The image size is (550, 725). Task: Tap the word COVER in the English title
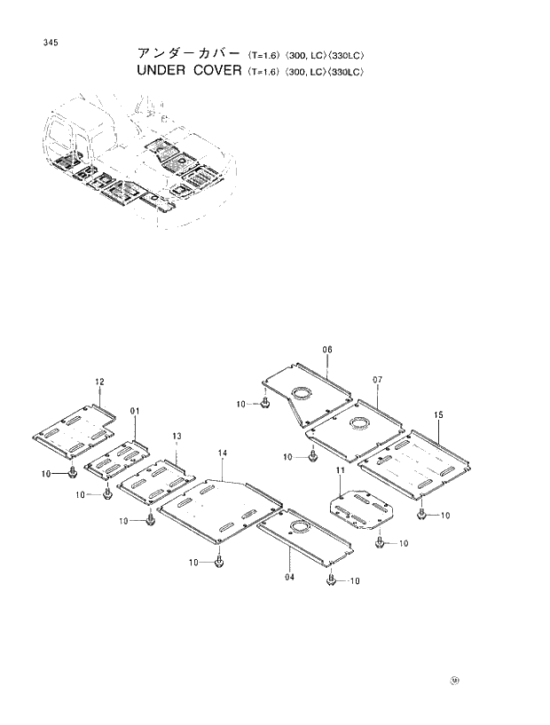[x=216, y=70]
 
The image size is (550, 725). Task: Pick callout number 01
[x=135, y=411]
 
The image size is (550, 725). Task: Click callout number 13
[x=177, y=437]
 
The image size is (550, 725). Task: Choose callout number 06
[x=326, y=351]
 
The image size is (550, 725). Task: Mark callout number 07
[x=377, y=380]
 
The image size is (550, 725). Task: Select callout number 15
[x=438, y=415]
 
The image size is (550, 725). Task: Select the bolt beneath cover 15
[x=422, y=514]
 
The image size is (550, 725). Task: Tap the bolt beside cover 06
[x=264, y=405]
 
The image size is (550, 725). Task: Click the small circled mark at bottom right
[x=455, y=682]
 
